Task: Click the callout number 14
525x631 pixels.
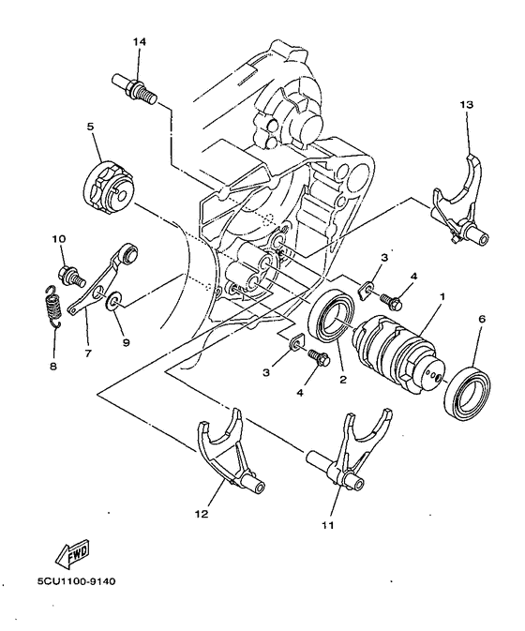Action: [x=140, y=42]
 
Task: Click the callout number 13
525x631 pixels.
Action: [x=467, y=104]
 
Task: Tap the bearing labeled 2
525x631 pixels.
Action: [x=328, y=319]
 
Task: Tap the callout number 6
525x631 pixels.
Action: [x=482, y=319]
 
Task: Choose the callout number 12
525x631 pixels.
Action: [x=200, y=514]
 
